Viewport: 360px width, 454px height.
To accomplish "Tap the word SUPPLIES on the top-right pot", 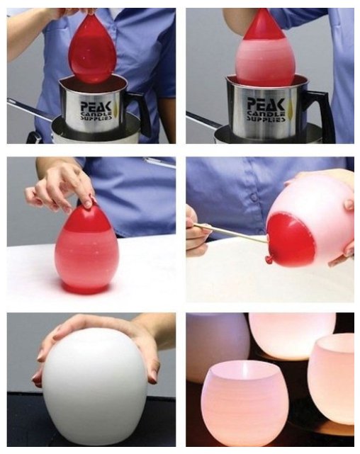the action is [x=266, y=118].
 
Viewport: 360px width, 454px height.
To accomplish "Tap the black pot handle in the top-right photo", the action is [x=318, y=115].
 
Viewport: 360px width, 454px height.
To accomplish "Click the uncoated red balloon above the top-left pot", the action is [x=92, y=49].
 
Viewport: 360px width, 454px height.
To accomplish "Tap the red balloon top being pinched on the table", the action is [x=86, y=217].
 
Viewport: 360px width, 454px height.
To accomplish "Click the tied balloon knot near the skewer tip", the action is [x=269, y=259].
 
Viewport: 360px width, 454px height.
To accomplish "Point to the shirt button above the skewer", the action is [x=254, y=198].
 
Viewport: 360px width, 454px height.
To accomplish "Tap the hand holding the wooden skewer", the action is [x=197, y=232].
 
